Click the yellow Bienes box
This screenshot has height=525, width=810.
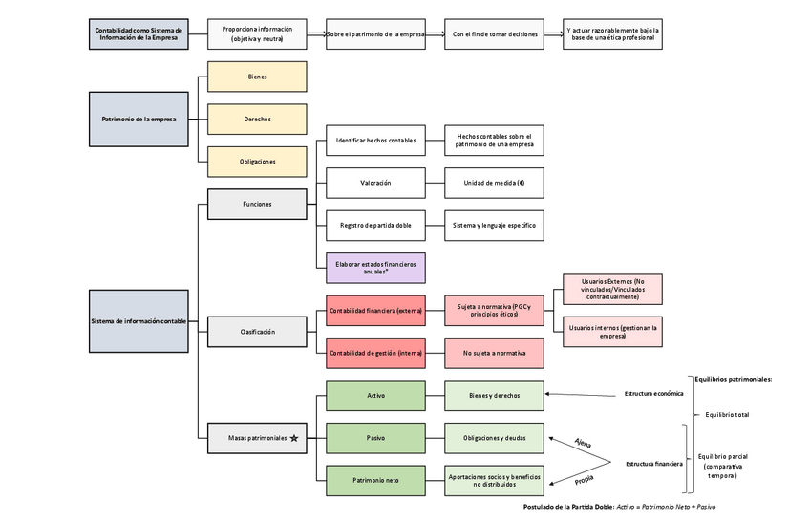[257, 77]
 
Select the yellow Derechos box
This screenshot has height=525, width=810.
[257, 119]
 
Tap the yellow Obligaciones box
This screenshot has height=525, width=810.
[257, 161]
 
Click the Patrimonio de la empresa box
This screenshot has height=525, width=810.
[138, 119]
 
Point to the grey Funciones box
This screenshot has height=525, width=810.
[257, 204]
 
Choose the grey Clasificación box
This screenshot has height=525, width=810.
[257, 331]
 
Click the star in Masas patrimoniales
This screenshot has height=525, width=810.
[294, 438]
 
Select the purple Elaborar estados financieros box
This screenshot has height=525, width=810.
[375, 267]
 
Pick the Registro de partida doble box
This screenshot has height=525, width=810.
[375, 225]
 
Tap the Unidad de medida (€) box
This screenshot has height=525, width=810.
[494, 182]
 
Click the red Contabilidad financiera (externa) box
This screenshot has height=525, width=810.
[375, 310]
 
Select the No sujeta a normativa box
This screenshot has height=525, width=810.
[494, 353]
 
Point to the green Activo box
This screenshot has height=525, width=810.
[375, 395]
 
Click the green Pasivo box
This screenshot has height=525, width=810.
[375, 437]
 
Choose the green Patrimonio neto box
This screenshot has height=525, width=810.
[375, 480]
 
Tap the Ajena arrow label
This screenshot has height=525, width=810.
[583, 442]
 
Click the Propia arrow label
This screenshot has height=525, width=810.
[583, 477]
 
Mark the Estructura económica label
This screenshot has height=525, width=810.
[654, 393]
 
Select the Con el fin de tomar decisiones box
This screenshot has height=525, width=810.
[494, 33]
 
